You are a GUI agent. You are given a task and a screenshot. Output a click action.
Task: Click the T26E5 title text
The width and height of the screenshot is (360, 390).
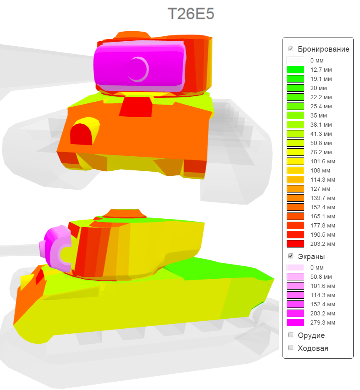pos(191,13)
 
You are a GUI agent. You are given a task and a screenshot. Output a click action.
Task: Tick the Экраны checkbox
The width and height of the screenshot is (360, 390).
pos(290,256)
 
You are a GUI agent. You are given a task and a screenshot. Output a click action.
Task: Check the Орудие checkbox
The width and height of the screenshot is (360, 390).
pos(290,335)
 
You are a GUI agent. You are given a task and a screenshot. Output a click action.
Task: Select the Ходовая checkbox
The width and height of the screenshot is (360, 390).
pos(290,347)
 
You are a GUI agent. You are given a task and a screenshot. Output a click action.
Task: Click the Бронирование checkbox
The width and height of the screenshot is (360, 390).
pos(290,49)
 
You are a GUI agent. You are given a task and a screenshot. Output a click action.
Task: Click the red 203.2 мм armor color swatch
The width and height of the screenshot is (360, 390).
pos(295,244)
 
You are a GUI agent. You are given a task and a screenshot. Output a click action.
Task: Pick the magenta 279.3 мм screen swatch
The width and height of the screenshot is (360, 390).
pos(295,322)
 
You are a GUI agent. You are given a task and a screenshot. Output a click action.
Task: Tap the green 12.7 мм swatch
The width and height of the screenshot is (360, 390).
pos(295,70)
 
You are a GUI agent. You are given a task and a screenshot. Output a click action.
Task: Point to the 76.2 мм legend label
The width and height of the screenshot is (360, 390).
pos(321,152)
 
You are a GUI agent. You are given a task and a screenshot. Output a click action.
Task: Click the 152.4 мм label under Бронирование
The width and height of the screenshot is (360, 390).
pos(322,207)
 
